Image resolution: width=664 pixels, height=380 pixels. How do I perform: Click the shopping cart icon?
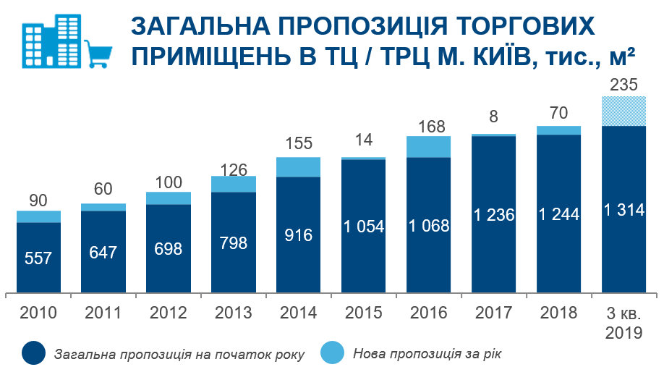[99, 53]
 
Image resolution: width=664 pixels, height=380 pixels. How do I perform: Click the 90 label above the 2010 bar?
[38, 199]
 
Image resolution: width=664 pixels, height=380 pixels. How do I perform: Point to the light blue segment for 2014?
[298, 167]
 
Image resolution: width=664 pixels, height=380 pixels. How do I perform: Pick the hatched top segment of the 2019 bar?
[623, 111]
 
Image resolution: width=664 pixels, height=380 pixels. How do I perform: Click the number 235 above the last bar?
[623, 84]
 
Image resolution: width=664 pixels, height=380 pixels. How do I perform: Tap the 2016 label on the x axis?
[428, 313]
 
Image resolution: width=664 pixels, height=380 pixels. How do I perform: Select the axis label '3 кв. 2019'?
[623, 323]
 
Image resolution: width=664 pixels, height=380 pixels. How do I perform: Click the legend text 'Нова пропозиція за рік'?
[427, 354]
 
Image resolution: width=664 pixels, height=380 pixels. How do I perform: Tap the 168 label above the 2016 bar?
[428, 124]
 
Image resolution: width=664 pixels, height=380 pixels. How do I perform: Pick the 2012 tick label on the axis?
[168, 313]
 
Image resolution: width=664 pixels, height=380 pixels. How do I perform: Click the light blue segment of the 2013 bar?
[233, 184]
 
